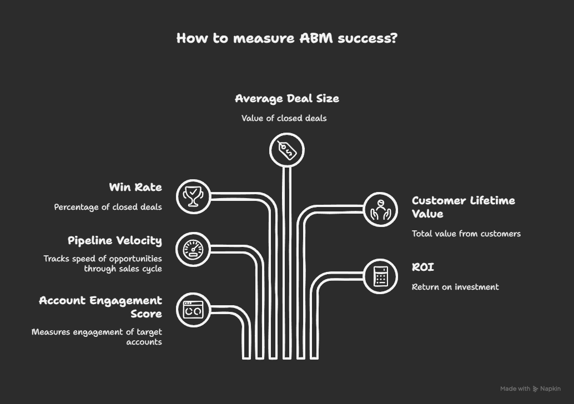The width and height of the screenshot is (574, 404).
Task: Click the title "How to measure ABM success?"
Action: [287, 38]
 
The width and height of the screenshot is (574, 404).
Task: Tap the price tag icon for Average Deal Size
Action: [287, 150]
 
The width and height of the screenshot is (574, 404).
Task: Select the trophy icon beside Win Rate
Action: [193, 196]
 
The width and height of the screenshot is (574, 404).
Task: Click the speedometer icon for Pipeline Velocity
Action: [193, 249]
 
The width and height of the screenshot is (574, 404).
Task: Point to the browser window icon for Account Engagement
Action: [193, 310]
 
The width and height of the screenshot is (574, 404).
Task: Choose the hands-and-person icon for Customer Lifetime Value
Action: [380, 209]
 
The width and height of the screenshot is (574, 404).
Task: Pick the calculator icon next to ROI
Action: [380, 276]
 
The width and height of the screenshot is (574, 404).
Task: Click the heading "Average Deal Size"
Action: [287, 99]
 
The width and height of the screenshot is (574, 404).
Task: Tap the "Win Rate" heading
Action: [135, 188]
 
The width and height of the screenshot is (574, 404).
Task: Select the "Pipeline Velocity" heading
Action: [115, 241]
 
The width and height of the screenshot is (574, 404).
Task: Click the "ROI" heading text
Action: [423, 267]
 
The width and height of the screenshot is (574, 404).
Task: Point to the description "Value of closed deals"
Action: [284, 118]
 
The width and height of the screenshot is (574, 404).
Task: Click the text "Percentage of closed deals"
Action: [108, 207]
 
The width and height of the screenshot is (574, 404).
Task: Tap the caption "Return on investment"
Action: [455, 287]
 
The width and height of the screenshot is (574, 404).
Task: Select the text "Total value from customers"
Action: [466, 234]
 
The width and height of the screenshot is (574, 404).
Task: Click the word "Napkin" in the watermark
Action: [551, 389]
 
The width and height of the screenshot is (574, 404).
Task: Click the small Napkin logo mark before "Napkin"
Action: [536, 389]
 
